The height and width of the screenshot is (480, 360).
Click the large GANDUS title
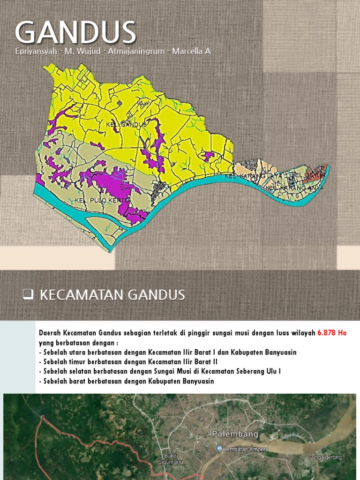pos(75,33)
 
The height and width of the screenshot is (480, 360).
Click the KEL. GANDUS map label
pos(127,125)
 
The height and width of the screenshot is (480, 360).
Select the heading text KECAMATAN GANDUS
pos(112,295)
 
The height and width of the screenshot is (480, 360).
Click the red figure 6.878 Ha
pos(332,333)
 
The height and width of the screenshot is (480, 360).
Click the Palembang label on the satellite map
pos(235,435)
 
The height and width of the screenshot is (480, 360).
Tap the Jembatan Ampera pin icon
pos(219,449)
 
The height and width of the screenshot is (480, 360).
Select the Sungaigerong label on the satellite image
pos(325,457)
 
